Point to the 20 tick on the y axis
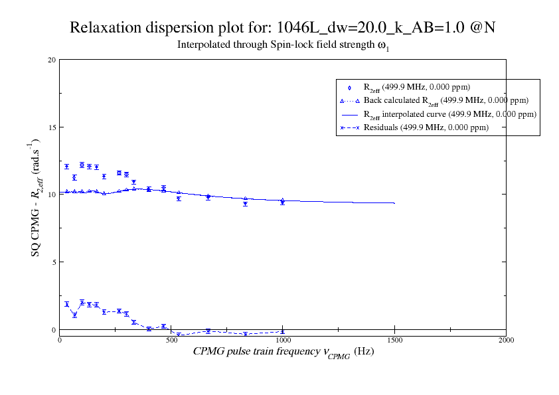point(52,60)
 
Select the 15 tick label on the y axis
point(52,127)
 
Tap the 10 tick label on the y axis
point(52,195)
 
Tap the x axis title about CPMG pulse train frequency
point(283,352)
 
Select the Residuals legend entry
point(426,127)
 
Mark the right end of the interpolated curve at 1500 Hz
point(394,203)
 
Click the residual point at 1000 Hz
point(283,331)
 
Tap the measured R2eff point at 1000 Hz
point(283,202)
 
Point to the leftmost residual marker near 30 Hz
point(66,304)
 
